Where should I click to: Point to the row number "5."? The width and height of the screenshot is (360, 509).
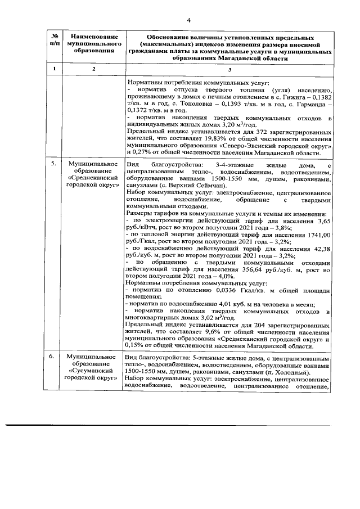53,163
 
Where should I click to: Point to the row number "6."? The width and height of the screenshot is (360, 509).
53,357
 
